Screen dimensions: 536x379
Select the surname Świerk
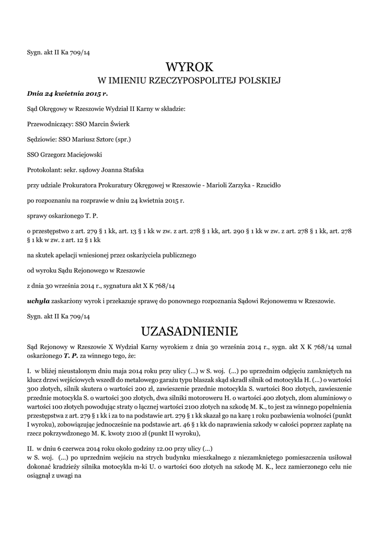[x=119, y=124]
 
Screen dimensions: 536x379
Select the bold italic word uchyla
[x=37, y=301]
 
